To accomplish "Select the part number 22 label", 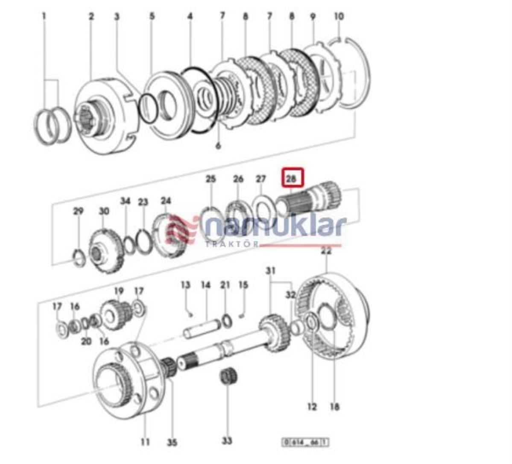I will (x=326, y=251).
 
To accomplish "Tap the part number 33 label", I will (x=227, y=440).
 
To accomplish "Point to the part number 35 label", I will (x=172, y=442).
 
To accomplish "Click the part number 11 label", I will (x=145, y=441).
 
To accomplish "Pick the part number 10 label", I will (x=339, y=17).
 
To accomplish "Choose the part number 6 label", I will (x=218, y=146).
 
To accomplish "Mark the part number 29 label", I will (x=78, y=211).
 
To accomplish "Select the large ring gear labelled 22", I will (x=333, y=316).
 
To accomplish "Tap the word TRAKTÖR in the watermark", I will (x=232, y=244).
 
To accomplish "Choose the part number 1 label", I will (x=44, y=17).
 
